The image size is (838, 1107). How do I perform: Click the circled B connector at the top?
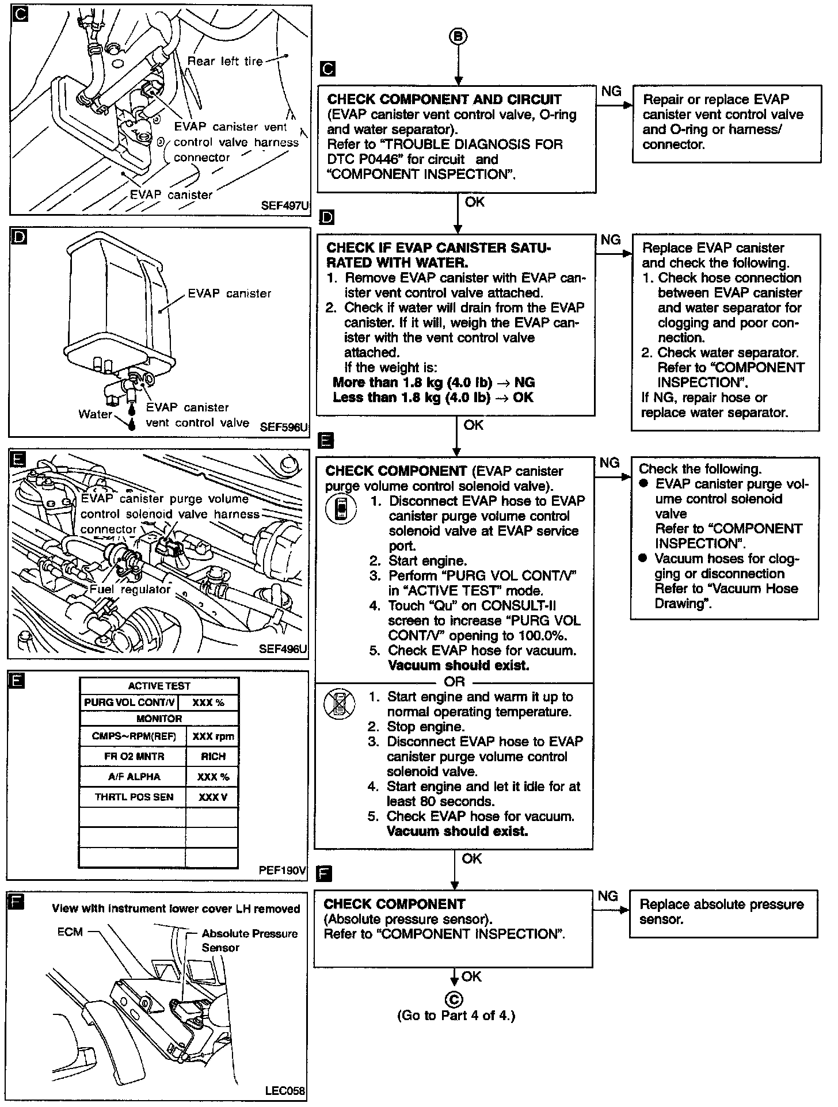click(x=458, y=37)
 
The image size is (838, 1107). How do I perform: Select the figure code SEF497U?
click(x=285, y=205)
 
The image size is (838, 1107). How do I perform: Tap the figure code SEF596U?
click(x=284, y=427)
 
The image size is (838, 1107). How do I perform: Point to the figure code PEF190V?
click(x=283, y=870)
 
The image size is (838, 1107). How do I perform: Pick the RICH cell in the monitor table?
click(x=213, y=757)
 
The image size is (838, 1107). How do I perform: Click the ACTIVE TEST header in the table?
click(x=159, y=686)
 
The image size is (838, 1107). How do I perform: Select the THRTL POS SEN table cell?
click(x=134, y=797)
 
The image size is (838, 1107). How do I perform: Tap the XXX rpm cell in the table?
click(x=213, y=736)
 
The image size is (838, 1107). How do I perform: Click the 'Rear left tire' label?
click(x=225, y=61)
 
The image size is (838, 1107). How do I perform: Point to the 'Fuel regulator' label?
click(x=130, y=589)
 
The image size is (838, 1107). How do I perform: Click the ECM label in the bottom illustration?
click(x=70, y=932)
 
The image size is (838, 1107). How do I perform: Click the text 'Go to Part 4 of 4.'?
click(x=456, y=1016)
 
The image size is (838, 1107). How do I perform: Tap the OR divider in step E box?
click(x=455, y=682)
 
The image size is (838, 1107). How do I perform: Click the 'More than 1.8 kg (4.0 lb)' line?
click(x=433, y=383)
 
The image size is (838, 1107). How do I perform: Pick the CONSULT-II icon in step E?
click(x=341, y=509)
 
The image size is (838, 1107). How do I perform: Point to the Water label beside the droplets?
click(x=95, y=414)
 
